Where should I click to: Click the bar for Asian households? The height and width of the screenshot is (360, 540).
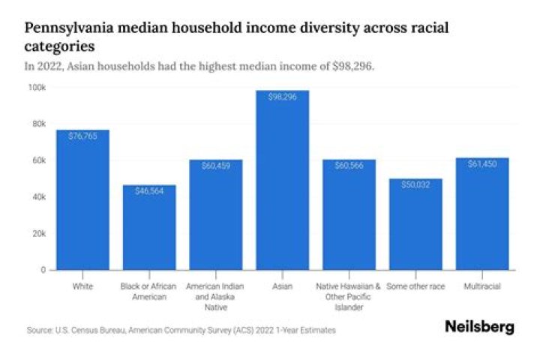tap(283, 180)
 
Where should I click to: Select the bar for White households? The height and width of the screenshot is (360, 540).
tap(83, 199)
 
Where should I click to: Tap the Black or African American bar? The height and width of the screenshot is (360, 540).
tap(149, 227)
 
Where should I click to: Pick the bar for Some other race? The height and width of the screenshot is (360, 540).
tap(415, 224)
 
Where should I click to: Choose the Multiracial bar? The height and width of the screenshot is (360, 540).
tap(482, 214)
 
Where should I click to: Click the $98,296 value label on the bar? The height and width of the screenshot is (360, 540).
tap(283, 97)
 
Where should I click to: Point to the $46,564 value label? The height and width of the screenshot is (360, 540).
tap(149, 190)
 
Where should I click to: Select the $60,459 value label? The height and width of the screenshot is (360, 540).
tap(216, 166)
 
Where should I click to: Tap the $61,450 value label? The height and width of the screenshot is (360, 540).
tap(482, 164)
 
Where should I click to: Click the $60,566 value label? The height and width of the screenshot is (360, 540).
tap(349, 166)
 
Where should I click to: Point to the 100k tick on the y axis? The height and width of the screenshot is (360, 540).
tap(37, 88)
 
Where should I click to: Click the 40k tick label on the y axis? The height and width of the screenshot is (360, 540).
tap(39, 197)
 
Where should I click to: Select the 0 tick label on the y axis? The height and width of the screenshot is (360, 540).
tap(43, 270)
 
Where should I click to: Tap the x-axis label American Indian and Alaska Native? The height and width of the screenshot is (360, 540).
tap(215, 296)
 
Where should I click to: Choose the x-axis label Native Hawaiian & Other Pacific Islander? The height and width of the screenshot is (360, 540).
tap(348, 296)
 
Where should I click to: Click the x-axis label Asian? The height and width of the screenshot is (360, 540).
tap(283, 286)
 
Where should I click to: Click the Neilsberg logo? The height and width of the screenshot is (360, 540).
tap(480, 326)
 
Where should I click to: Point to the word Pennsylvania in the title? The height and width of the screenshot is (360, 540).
tap(69, 28)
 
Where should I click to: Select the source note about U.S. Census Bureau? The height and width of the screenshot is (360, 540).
tap(181, 330)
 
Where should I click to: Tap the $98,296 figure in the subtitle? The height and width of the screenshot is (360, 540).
tap(353, 66)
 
